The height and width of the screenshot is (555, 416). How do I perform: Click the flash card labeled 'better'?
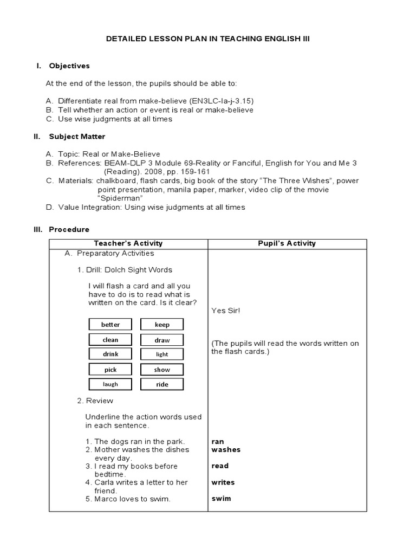point(110,325)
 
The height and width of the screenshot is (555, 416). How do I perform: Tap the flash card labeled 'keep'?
point(162,325)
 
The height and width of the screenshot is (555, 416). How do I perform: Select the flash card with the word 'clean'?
point(110,340)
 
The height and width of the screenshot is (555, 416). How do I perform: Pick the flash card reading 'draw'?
point(162,340)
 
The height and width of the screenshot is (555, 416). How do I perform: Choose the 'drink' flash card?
point(110,354)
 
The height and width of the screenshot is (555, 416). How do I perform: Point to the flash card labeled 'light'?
point(162,354)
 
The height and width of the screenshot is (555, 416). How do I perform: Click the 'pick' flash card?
point(110,370)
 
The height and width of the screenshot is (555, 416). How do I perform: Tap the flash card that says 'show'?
point(162,370)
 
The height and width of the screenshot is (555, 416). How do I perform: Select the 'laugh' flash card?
point(110,384)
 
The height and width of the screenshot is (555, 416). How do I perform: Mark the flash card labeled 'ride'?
point(162,384)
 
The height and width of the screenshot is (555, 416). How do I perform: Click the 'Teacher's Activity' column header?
point(128,243)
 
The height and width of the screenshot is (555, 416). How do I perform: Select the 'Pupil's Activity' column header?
point(287,243)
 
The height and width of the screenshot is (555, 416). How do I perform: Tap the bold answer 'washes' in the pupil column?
point(226,449)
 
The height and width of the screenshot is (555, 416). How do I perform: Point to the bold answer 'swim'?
point(221,498)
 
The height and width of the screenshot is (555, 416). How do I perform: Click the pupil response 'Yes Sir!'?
point(225,311)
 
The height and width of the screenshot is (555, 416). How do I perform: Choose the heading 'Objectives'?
point(69,66)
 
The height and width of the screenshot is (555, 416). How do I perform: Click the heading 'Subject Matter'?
point(77,137)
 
